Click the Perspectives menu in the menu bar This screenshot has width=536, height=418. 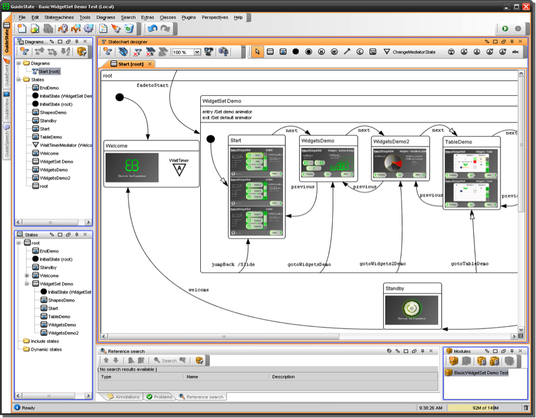(214, 18)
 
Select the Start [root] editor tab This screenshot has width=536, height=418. (130, 64)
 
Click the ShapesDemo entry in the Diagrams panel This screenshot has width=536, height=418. (53, 112)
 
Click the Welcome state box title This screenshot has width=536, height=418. (117, 146)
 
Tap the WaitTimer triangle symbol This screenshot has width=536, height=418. (179, 170)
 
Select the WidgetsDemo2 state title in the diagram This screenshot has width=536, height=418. (391, 142)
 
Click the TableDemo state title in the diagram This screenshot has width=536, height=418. (459, 142)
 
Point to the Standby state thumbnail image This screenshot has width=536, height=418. (412, 310)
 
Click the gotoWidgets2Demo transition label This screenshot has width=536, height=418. (383, 263)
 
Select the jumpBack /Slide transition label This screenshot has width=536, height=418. (233, 264)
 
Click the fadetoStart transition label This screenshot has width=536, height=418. (152, 85)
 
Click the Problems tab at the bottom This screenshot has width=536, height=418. (159, 397)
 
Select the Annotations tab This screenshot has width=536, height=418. (124, 397)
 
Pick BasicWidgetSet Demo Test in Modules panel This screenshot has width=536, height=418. (480, 373)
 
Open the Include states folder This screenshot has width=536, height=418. (44, 341)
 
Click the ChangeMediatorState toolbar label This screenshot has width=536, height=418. (413, 52)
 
